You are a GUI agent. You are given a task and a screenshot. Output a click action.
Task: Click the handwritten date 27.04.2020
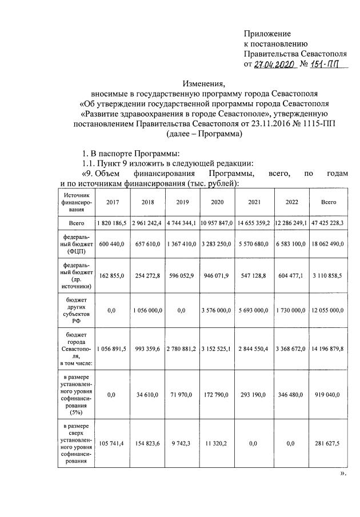(x=273, y=65)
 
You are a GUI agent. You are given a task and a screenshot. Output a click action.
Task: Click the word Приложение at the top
(x=267, y=34)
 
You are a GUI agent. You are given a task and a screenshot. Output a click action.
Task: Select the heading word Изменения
(x=204, y=83)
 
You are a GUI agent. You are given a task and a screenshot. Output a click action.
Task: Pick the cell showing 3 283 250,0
(x=217, y=244)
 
